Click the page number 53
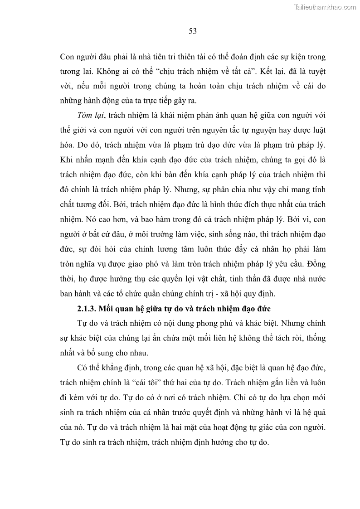click(x=192, y=31)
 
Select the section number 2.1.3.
click(x=91, y=309)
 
